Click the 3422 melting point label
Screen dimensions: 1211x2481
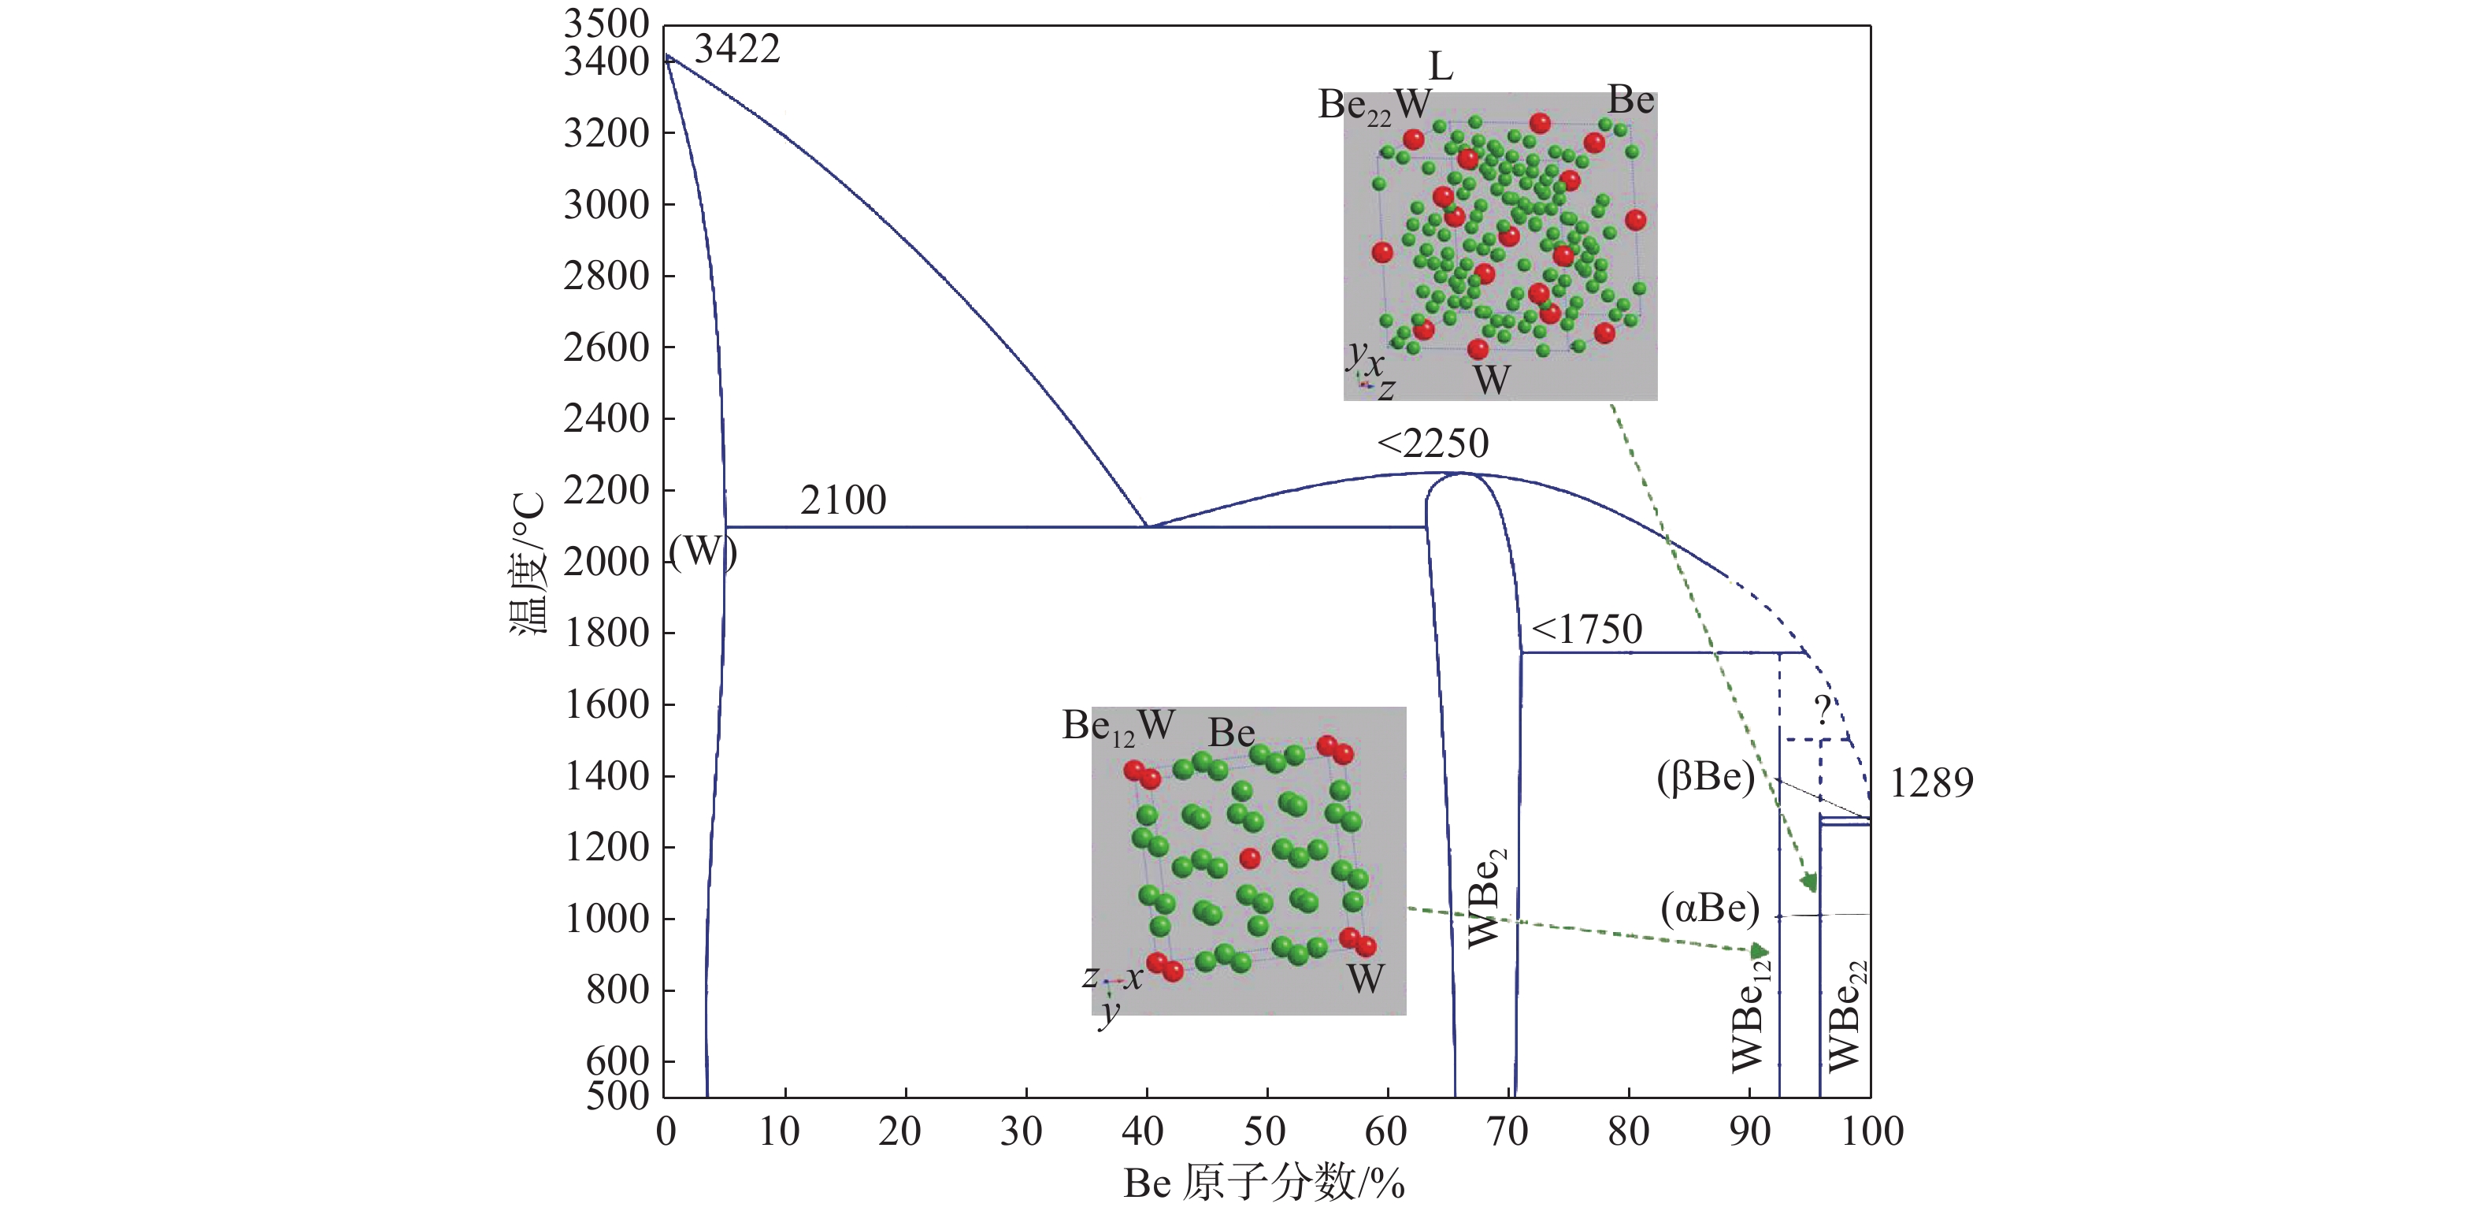point(736,49)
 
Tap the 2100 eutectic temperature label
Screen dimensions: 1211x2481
point(843,500)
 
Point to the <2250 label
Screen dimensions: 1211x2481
point(1433,443)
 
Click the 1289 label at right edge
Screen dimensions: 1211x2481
point(1931,782)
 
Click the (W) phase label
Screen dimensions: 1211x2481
point(702,552)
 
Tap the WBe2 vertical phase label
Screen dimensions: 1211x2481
point(1486,899)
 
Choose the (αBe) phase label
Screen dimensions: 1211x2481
point(1710,908)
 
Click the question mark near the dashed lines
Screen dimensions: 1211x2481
point(1823,710)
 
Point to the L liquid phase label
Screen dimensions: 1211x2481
point(1440,66)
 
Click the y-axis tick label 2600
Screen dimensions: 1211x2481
point(606,347)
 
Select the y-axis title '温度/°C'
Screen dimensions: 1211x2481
point(528,563)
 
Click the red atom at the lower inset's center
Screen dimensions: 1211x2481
point(1249,857)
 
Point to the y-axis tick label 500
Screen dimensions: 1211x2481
point(617,1095)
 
